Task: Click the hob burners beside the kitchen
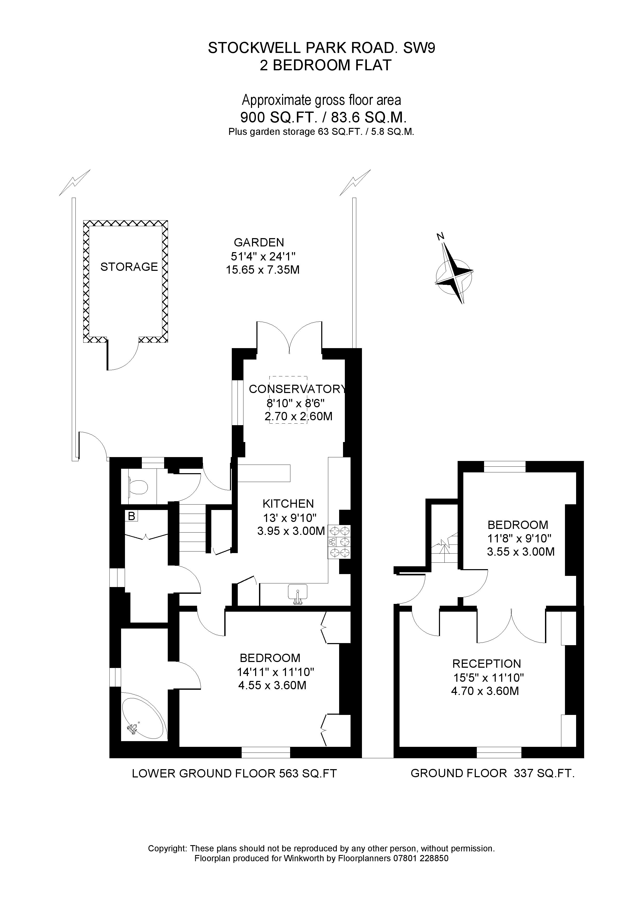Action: coord(339,542)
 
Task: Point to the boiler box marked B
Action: coord(131,516)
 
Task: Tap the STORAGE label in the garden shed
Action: coord(129,267)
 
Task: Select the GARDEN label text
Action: coord(259,242)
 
